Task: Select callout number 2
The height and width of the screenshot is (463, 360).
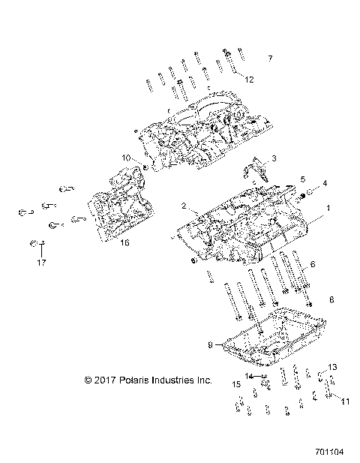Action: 182,205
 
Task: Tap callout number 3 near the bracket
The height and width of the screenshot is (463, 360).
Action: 274,158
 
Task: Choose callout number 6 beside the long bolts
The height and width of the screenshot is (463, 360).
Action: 313,265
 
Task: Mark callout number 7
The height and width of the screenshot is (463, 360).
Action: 271,59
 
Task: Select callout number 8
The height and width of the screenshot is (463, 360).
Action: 310,299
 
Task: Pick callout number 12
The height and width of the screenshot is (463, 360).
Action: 250,79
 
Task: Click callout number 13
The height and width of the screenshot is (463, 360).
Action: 333,366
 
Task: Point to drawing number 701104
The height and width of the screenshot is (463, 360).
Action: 331,453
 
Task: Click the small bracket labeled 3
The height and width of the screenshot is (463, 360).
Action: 256,170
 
